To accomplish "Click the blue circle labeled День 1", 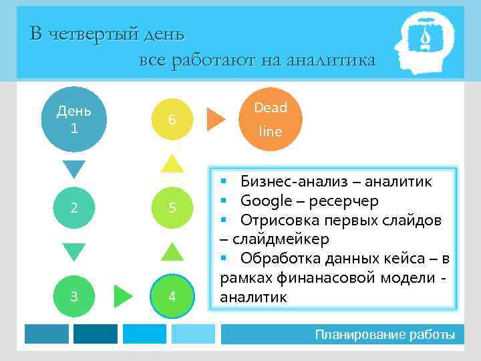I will click(74, 118).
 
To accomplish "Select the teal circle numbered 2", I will click(74, 208).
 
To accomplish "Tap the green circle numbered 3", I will click(74, 296).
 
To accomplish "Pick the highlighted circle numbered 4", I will click(172, 296).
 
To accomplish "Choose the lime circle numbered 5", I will click(172, 208).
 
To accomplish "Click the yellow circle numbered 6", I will click(172, 118).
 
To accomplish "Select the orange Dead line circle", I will click(271, 118).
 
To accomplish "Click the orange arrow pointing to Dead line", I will click(216, 118).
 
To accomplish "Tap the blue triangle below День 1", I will click(74, 169).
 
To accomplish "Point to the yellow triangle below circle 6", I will click(172, 164).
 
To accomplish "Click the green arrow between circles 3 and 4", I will click(123, 296).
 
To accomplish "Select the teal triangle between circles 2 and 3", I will click(74, 251).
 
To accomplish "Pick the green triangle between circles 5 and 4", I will click(172, 251).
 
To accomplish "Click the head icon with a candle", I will click(424, 42).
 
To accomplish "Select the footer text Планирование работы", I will click(385, 334).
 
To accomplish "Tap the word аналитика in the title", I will click(331, 61).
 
